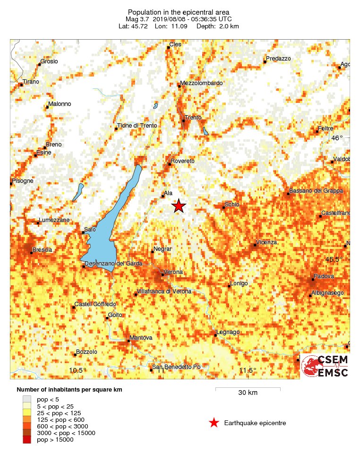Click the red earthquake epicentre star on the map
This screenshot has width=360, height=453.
(x=179, y=206)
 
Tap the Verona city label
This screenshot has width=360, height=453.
(x=173, y=272)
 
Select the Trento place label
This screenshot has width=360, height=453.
(x=194, y=117)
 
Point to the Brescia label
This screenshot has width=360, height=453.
(x=42, y=249)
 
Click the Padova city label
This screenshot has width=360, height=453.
(x=323, y=276)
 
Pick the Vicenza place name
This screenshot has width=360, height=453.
(x=266, y=242)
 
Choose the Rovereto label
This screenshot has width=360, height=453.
(x=182, y=161)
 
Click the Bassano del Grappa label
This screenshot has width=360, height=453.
(x=317, y=191)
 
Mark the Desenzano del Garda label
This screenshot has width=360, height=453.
(x=113, y=264)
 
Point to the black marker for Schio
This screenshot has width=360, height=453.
(x=223, y=207)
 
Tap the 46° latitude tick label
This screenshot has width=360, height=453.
(x=337, y=138)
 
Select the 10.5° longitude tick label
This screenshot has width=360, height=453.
(x=77, y=370)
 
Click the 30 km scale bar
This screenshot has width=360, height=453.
(x=248, y=389)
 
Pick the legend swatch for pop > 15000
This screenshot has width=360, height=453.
(x=27, y=439)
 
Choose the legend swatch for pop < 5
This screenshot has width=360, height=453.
(x=27, y=400)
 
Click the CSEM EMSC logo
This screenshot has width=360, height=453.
(x=325, y=366)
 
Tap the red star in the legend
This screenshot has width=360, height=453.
(x=214, y=423)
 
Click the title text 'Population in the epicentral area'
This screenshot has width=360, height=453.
(x=180, y=12)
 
